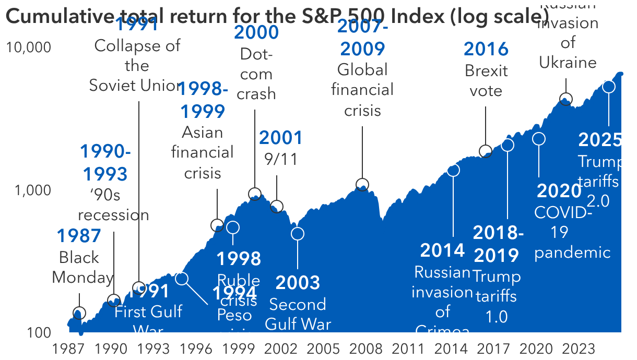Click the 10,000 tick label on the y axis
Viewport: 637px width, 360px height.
click(29, 47)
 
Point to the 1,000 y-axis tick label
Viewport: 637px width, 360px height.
click(33, 190)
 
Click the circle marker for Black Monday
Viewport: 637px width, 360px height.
click(79, 313)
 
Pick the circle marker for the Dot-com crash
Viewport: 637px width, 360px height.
click(255, 194)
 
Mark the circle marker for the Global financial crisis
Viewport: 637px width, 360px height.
click(362, 185)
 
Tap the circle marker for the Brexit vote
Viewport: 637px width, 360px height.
click(486, 151)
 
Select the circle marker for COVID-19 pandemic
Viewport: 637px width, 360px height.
click(539, 139)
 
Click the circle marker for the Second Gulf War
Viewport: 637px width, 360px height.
click(298, 233)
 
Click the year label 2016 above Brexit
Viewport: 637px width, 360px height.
click(486, 49)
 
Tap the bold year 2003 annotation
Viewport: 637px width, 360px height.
click(298, 283)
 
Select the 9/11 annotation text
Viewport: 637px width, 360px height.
click(281, 159)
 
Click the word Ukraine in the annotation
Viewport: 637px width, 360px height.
click(568, 63)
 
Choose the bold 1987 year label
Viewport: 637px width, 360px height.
click(79, 236)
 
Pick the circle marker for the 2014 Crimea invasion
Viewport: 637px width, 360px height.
click(453, 170)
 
